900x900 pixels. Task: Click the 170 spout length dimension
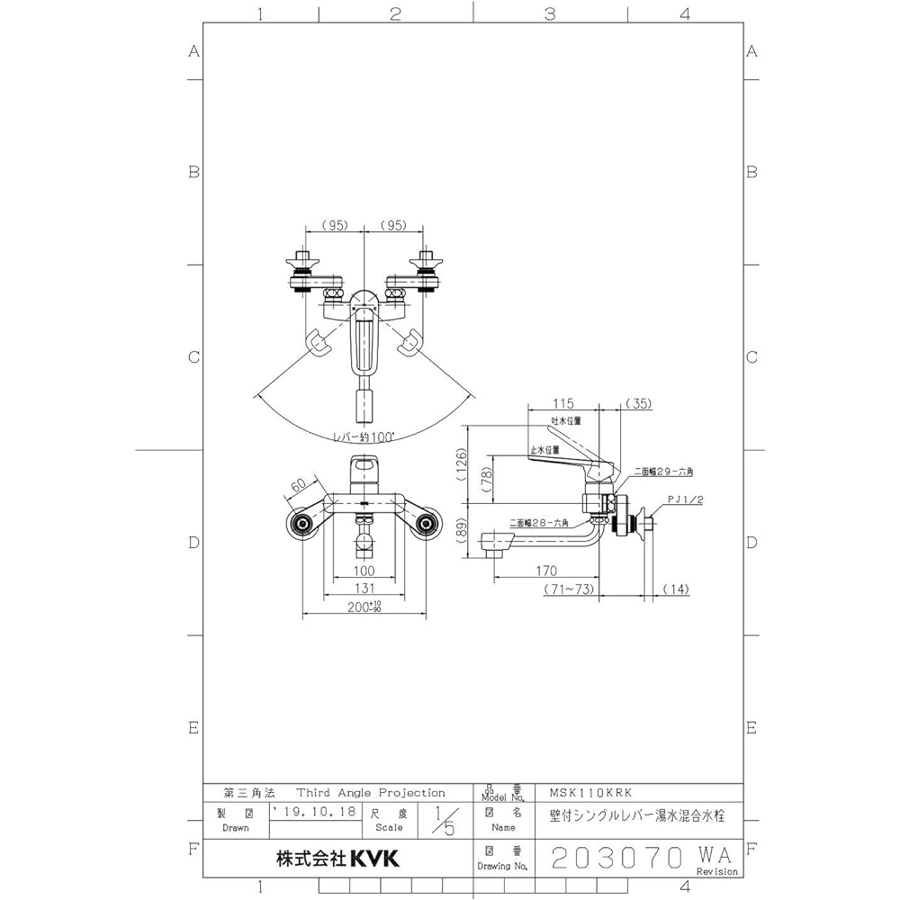point(545,571)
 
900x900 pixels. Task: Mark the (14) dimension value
point(676,589)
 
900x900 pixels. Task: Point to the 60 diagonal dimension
point(300,487)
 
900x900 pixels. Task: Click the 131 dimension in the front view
point(364,589)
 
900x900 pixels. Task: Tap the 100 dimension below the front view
point(364,571)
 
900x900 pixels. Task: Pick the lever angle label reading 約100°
point(364,436)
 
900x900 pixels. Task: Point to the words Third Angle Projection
point(371,793)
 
